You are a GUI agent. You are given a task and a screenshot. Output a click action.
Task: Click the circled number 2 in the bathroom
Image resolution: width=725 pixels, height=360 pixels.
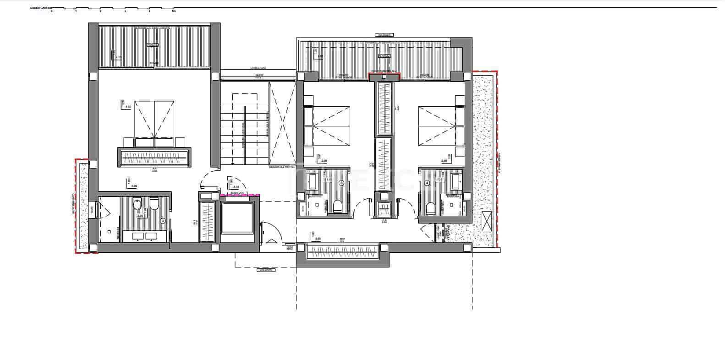pos(163,220)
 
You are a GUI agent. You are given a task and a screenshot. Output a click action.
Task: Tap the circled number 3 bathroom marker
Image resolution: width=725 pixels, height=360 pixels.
pos(341,183)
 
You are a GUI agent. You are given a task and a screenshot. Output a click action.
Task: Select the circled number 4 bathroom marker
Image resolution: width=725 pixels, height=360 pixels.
pos(428,183)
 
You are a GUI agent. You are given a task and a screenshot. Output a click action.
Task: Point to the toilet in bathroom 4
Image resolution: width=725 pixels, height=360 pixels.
pos(430,208)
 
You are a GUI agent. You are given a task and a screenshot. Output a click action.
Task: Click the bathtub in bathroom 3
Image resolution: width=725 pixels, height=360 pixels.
pos(313,181)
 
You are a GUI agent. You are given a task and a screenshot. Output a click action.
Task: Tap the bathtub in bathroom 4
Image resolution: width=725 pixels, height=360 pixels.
pos(456,181)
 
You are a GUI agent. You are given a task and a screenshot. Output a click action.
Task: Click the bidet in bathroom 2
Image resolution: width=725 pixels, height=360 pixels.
pos(137,204)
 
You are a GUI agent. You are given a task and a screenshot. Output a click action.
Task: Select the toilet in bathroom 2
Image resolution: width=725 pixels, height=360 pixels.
pos(154,203)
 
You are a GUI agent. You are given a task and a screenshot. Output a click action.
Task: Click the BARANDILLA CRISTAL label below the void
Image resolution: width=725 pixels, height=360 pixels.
pos(282,168)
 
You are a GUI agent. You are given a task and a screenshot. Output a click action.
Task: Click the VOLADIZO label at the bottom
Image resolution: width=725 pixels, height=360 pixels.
pos(266,270)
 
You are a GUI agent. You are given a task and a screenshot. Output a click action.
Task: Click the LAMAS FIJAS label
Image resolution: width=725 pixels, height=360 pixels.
pos(258,68)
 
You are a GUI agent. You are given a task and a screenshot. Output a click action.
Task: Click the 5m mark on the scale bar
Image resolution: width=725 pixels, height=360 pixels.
pos(174,11)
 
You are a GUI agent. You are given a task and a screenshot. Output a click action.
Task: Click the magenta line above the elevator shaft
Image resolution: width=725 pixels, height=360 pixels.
pos(240,196)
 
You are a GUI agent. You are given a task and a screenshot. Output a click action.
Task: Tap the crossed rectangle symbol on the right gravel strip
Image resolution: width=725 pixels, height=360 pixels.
pos(486,221)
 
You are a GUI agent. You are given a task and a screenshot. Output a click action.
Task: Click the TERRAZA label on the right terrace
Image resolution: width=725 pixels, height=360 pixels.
pos(384,55)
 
